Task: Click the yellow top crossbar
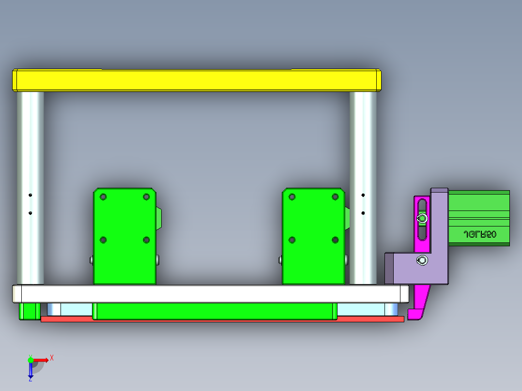196,80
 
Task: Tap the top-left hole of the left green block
103,196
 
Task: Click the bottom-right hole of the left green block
146,240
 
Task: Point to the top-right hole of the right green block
335,196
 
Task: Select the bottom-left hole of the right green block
292,240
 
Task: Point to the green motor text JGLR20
479,234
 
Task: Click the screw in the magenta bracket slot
423,219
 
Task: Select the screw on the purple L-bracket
422,261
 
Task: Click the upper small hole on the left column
30,195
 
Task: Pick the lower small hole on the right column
363,213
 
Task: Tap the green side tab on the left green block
159,218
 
